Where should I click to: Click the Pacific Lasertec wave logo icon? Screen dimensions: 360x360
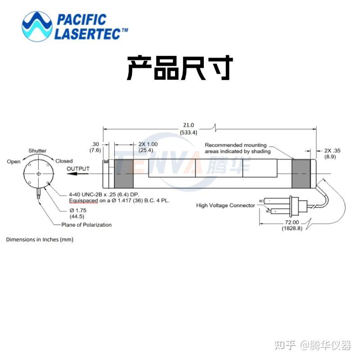point(36,27)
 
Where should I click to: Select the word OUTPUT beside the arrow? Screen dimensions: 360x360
point(78,169)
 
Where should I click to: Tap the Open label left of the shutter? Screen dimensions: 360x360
point(13,162)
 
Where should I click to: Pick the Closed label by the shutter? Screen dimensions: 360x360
point(64,161)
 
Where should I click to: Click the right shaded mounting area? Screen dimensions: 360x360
point(301,174)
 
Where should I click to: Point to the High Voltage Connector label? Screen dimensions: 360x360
point(225,205)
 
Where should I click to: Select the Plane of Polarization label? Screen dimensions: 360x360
point(86,225)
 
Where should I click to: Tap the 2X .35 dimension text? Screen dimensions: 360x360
point(332,151)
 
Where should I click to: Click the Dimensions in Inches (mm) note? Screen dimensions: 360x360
point(40,239)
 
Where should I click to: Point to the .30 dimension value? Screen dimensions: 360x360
point(95,144)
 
